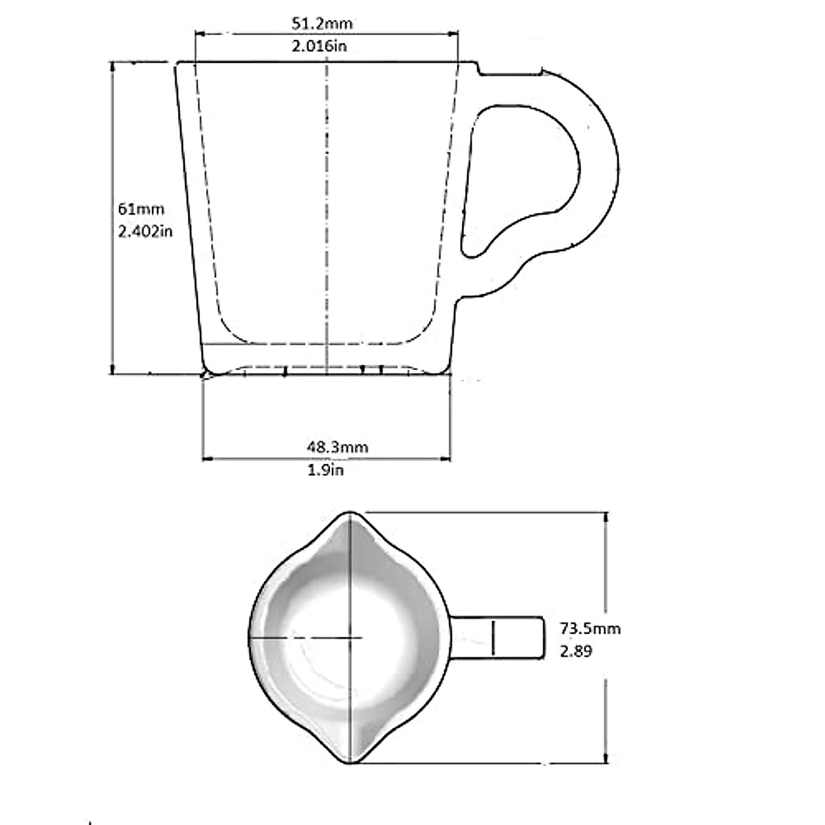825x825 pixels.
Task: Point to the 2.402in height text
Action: (145, 231)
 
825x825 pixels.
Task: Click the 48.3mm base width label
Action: (337, 447)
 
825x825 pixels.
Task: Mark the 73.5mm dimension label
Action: (590, 628)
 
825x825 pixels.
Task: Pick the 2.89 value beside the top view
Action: (575, 650)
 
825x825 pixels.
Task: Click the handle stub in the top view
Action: (495, 637)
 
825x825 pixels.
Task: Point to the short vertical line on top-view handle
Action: (494, 637)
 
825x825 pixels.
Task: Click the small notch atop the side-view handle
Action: (543, 70)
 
